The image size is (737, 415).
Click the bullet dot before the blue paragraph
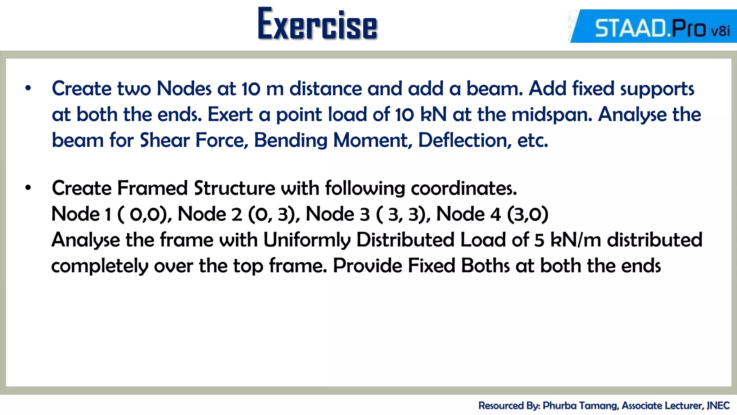[x=28, y=88]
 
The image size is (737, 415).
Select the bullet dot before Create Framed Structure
[x=28, y=188]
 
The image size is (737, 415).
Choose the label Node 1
[x=81, y=214]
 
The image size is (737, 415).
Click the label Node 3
[x=338, y=214]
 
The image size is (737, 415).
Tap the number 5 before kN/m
[x=539, y=240]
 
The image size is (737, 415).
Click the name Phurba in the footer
[x=559, y=406]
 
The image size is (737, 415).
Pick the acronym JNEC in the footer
[x=718, y=406]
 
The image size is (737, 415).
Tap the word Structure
[x=235, y=188]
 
